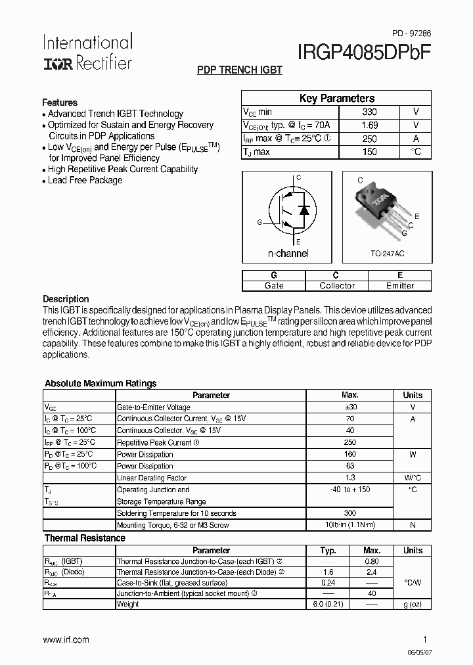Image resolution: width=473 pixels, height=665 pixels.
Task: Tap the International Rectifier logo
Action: click(87, 52)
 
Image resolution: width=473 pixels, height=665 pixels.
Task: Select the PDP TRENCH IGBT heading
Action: click(240, 70)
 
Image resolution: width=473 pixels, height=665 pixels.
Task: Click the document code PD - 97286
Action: click(412, 33)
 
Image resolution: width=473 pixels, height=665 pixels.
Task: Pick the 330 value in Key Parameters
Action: click(369, 112)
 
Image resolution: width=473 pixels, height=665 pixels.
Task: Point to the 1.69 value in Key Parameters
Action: click(369, 125)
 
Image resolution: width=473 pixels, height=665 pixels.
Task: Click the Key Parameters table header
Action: click(336, 99)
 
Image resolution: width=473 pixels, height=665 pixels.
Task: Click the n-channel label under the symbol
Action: click(288, 253)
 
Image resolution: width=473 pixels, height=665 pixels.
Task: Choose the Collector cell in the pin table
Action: click(336, 286)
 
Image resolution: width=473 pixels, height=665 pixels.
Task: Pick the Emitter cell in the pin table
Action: click(399, 286)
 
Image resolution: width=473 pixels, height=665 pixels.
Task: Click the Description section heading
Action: click(66, 299)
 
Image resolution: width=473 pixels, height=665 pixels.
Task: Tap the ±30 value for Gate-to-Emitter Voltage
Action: click(349, 407)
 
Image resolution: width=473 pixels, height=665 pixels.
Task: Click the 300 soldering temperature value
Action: click(349, 513)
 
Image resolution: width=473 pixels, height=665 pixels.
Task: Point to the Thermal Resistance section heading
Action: click(85, 538)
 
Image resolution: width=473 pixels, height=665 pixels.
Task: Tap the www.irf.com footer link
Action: click(66, 639)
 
